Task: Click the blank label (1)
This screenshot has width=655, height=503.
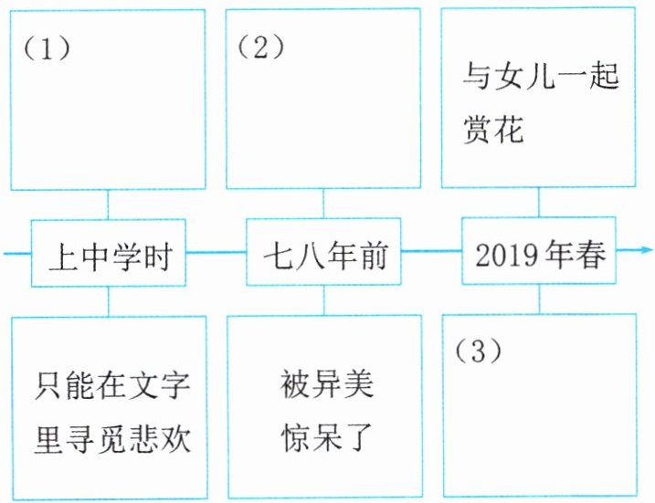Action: [47, 48]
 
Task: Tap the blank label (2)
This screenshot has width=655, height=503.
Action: [260, 47]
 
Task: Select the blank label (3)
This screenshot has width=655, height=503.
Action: [478, 351]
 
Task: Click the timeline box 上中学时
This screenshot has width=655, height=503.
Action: [109, 253]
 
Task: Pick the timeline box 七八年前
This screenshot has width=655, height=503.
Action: [323, 252]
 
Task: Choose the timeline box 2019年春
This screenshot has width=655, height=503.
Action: [539, 250]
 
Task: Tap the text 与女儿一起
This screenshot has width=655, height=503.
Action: [541, 76]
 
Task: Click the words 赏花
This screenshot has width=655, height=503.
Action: [493, 129]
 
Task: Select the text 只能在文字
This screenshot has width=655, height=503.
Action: [112, 385]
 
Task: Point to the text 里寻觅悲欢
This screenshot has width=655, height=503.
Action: [112, 439]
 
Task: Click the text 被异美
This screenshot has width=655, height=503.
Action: [326, 383]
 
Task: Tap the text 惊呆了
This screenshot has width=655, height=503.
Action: [326, 437]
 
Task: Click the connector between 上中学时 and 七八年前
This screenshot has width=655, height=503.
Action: [216, 252]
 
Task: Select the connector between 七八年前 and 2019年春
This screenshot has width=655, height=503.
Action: [431, 251]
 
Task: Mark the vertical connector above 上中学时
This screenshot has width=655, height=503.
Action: [108, 204]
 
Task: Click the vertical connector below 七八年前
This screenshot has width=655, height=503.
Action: [324, 300]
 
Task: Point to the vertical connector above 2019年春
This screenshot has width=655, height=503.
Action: [538, 203]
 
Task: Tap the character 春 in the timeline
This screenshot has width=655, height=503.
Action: [591, 255]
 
